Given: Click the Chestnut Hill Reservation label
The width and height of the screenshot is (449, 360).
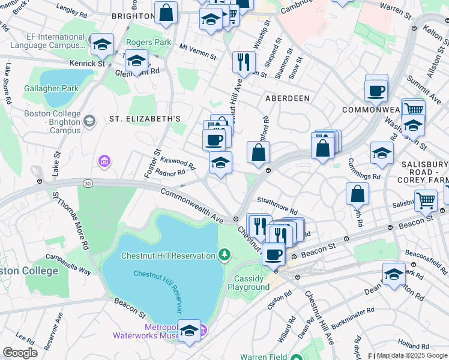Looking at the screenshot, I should (x=167, y=256).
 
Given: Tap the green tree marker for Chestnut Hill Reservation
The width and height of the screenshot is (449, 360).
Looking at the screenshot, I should (x=224, y=256).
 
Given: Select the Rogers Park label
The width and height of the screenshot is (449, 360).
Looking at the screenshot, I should (x=149, y=43).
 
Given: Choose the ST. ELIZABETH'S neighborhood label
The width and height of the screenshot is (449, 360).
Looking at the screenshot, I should (x=145, y=119).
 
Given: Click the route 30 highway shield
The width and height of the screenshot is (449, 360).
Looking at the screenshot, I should (x=88, y=184).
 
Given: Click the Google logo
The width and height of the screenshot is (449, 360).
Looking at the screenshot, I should (x=20, y=353).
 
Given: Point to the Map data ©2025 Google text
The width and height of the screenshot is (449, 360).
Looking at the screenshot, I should (x=412, y=355).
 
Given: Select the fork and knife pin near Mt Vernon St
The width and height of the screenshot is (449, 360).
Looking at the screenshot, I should (x=244, y=61).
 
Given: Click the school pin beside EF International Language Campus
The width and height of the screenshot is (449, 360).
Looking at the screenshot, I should (x=102, y=43).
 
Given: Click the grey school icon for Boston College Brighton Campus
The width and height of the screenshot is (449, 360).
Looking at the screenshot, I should (x=89, y=122).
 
